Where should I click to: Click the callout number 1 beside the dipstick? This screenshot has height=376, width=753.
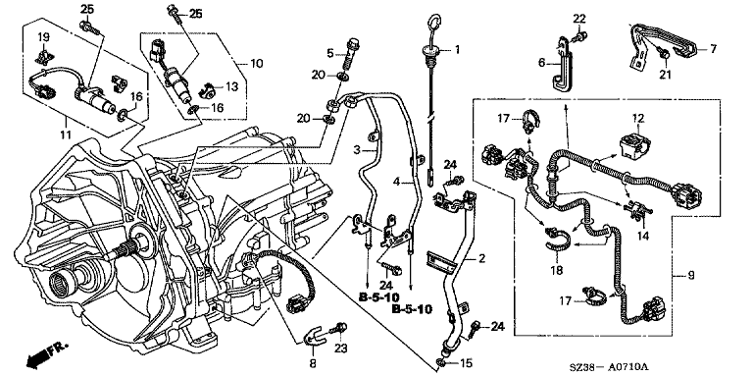point(457,49)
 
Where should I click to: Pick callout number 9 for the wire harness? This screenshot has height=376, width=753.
point(691,276)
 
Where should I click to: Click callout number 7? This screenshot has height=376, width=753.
point(713,48)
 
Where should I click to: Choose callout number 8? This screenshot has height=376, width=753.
point(313,364)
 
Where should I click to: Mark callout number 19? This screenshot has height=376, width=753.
point(43,36)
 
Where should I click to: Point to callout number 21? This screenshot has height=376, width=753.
point(665,74)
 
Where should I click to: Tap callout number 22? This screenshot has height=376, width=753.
point(579,19)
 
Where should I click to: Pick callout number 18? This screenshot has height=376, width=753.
point(556,271)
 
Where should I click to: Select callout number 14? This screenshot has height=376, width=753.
point(643,236)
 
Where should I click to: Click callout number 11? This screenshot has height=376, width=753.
point(66,134)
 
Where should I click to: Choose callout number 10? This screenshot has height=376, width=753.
point(257,63)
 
